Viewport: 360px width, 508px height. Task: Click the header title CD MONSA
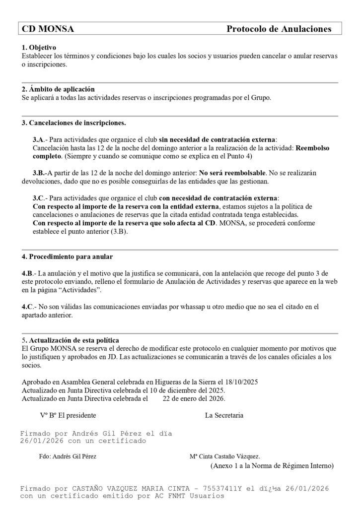pyautogui.click(x=48, y=29)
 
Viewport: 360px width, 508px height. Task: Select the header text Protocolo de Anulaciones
pyautogui.click(x=279, y=29)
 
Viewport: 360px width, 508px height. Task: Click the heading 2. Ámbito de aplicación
pyautogui.click(x=58, y=89)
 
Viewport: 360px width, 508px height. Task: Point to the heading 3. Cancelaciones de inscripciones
pyautogui.click(x=74, y=123)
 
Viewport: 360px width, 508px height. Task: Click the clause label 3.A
pyautogui.click(x=39, y=139)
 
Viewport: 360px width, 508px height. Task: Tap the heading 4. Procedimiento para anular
pyautogui.click(x=68, y=256)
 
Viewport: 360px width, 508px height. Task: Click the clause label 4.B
pyautogui.click(x=28, y=273)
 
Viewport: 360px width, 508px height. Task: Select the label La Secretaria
pyautogui.click(x=224, y=415)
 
